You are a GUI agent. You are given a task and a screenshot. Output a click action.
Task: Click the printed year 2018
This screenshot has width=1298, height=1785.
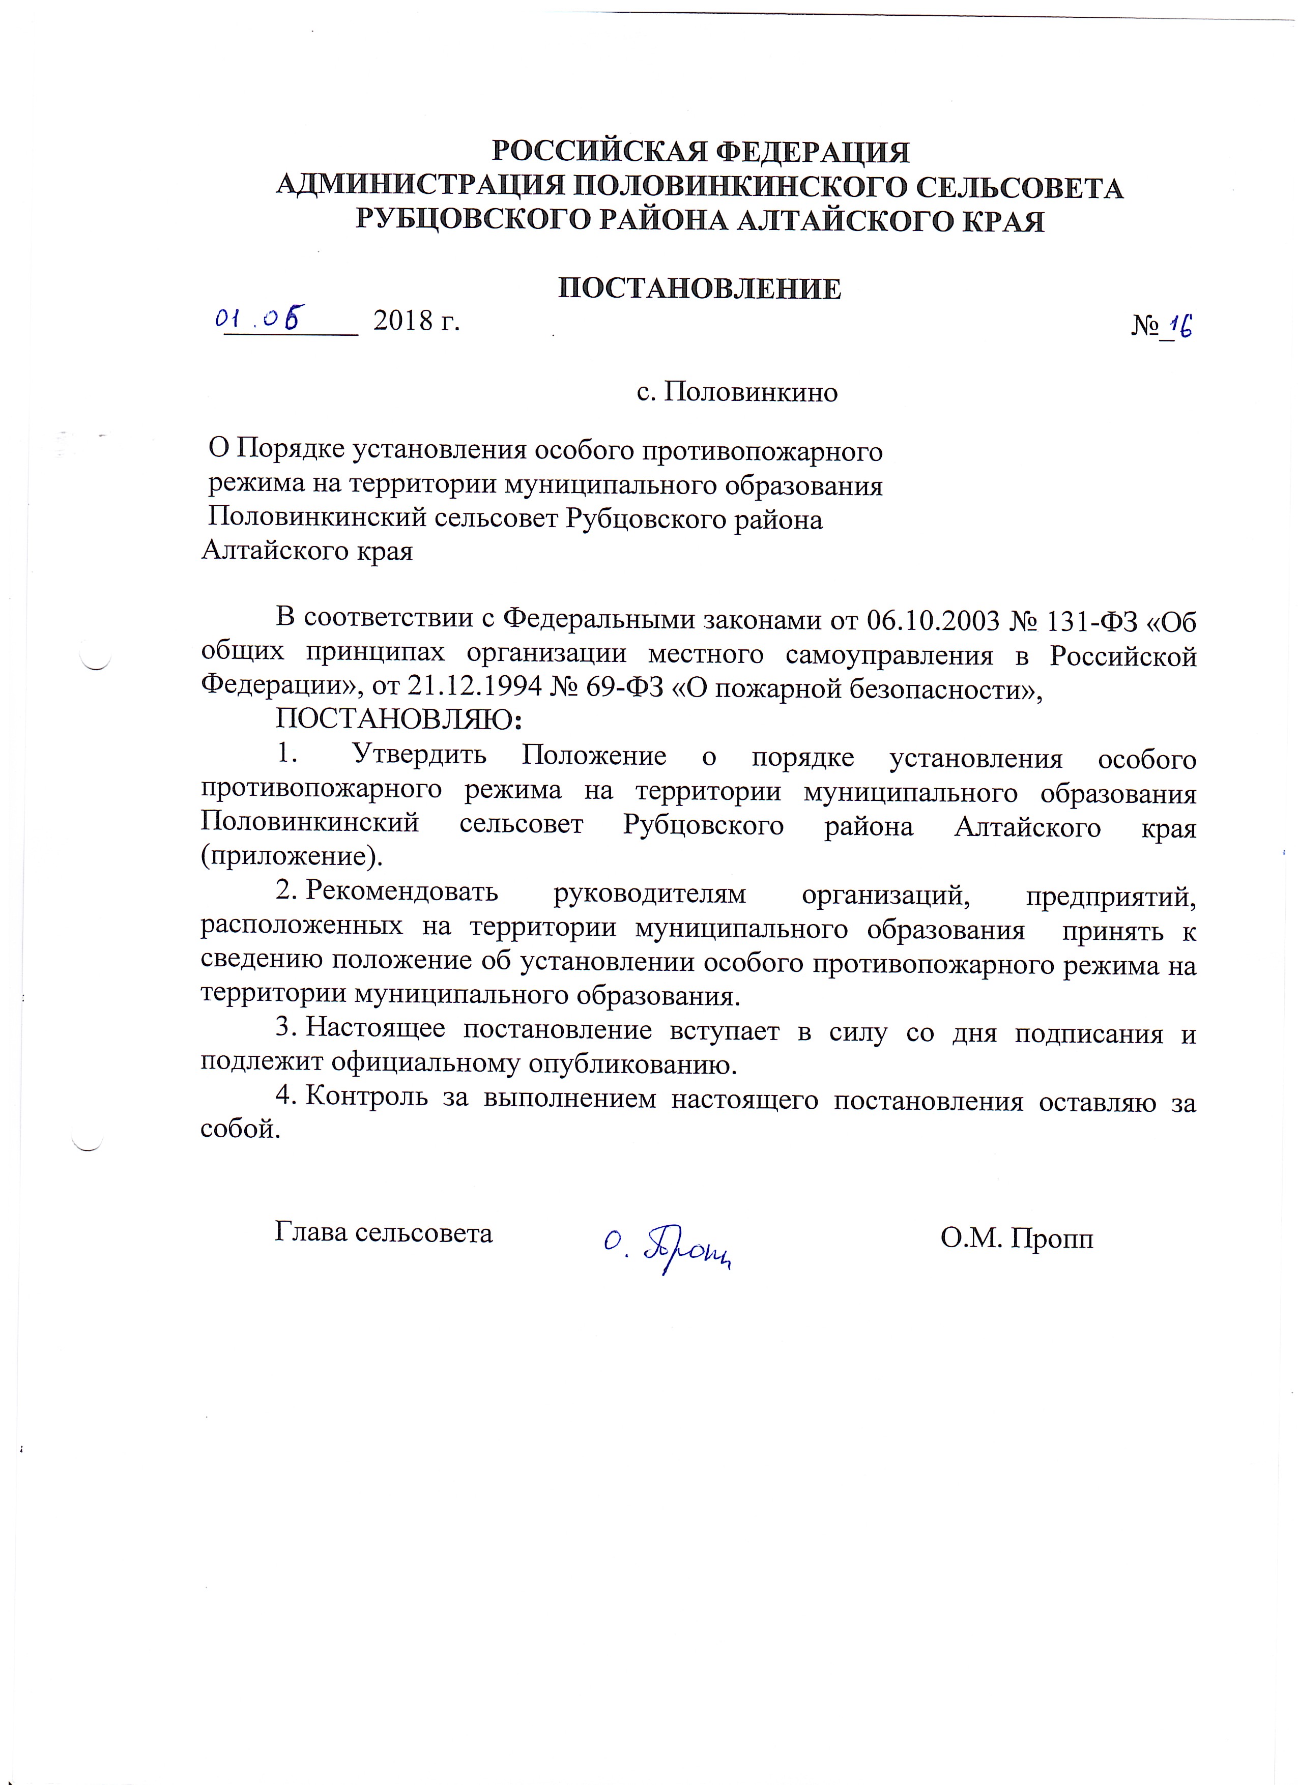pyautogui.click(x=403, y=321)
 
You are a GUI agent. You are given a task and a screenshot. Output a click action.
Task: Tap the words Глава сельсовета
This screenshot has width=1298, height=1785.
pyautogui.click(x=383, y=1232)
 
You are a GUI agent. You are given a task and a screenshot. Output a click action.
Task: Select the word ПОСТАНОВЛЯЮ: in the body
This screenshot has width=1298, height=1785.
pyautogui.click(x=398, y=719)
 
